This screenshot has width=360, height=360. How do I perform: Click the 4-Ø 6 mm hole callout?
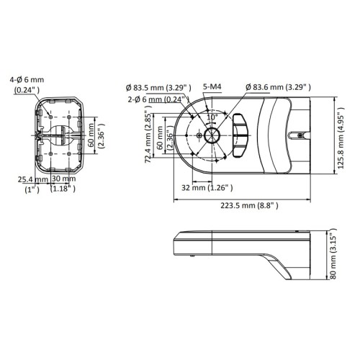coord(25,86)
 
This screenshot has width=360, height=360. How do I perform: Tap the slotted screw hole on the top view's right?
coord(299,135)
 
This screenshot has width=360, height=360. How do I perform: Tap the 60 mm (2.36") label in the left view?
coord(94,134)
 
